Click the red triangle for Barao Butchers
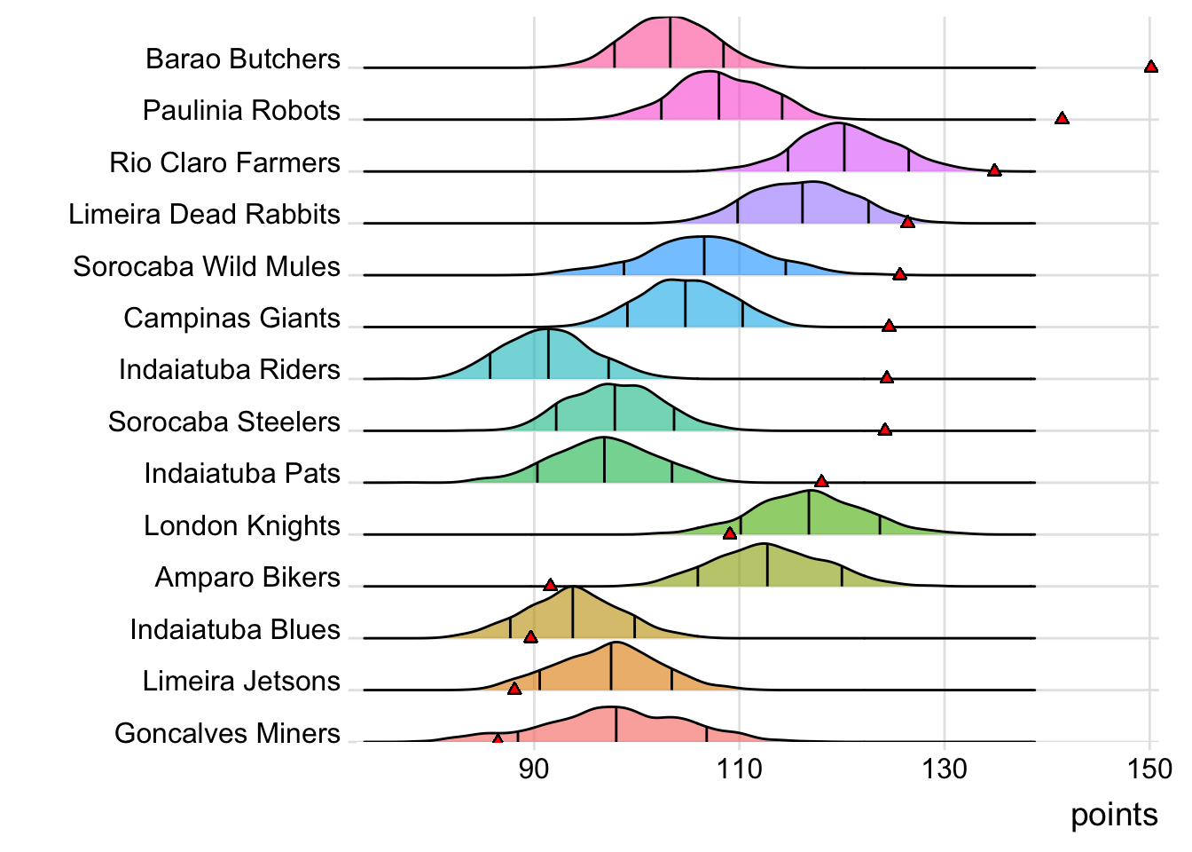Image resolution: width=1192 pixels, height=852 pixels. (x=1150, y=67)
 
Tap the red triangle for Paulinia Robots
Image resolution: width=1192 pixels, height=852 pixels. (x=1061, y=118)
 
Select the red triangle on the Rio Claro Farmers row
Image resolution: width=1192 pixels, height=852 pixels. (x=994, y=170)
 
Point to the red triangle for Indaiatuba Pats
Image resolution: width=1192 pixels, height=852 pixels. (x=821, y=481)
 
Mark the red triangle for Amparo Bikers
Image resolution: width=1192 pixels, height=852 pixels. (x=550, y=585)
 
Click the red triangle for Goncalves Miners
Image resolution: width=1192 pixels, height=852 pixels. (x=497, y=738)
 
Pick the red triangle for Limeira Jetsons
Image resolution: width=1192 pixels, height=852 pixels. (x=514, y=688)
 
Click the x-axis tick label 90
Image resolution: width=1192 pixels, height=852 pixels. (x=534, y=769)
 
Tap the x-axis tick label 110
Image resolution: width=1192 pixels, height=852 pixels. (x=739, y=769)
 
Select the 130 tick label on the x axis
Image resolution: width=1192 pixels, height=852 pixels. (x=945, y=769)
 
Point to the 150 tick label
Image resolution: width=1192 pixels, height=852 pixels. (x=1149, y=769)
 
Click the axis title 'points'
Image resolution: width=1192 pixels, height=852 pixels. (x=1114, y=815)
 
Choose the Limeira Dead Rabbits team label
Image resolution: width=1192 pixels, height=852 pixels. (x=205, y=214)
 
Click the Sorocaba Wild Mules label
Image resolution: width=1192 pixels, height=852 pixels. (x=207, y=266)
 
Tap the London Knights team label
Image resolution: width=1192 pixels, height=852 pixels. (x=242, y=525)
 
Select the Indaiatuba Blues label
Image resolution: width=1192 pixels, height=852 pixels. (x=235, y=629)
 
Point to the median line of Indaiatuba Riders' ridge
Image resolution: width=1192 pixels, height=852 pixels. (x=548, y=354)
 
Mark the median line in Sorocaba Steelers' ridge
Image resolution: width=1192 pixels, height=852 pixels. (x=615, y=407)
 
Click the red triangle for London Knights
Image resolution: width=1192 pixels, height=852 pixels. (x=729, y=532)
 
